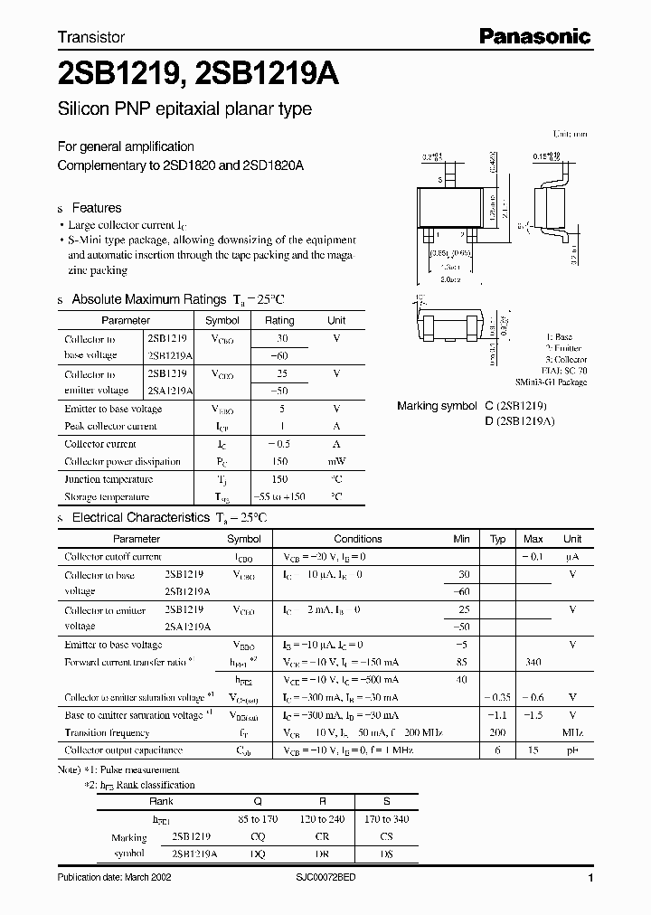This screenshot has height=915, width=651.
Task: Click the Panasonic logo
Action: [533, 37]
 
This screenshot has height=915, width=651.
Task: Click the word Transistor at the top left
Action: [91, 38]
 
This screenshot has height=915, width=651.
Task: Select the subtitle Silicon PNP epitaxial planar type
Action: [184, 109]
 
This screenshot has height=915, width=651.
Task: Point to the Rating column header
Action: [278, 320]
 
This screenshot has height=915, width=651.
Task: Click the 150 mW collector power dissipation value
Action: [278, 461]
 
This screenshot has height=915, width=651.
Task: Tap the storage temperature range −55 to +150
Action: [278, 496]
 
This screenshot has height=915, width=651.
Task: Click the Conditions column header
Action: [358, 539]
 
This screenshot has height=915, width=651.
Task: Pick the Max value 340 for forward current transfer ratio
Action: [533, 662]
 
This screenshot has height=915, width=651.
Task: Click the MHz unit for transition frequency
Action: [572, 732]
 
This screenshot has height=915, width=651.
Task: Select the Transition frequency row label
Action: [107, 732]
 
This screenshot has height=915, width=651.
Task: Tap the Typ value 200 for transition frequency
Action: [497, 732]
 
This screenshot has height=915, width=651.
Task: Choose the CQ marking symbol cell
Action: [258, 836]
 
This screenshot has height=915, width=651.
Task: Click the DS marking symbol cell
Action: [386, 854]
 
